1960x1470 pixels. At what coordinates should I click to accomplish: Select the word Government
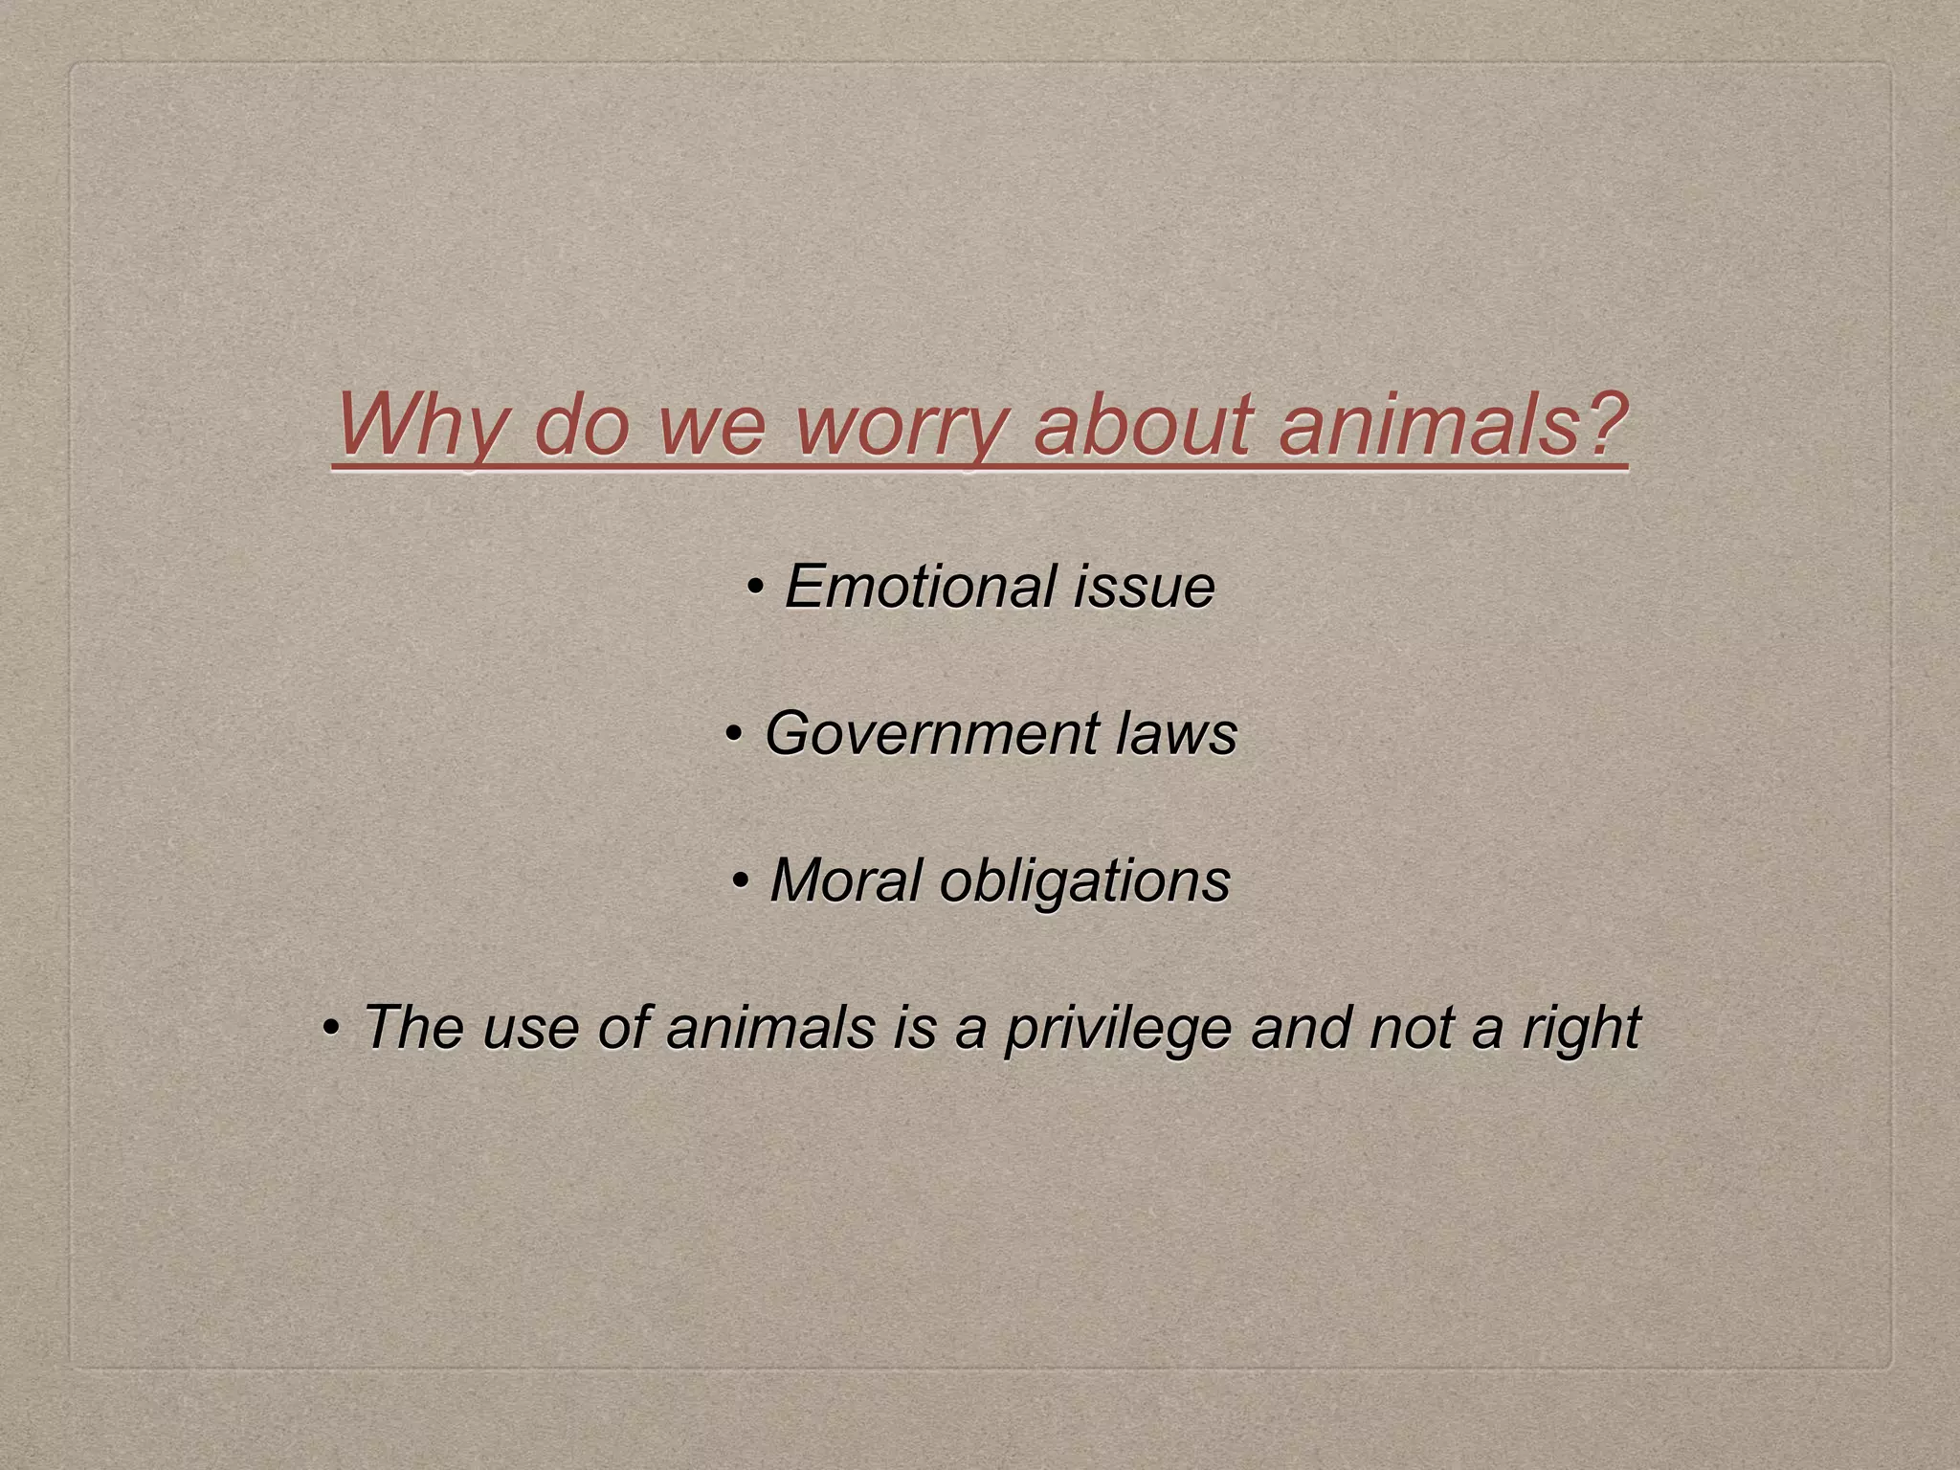click(x=928, y=734)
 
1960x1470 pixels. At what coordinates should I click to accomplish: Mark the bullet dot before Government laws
click(x=734, y=734)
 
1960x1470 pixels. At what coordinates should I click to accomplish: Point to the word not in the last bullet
click(x=1412, y=1028)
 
